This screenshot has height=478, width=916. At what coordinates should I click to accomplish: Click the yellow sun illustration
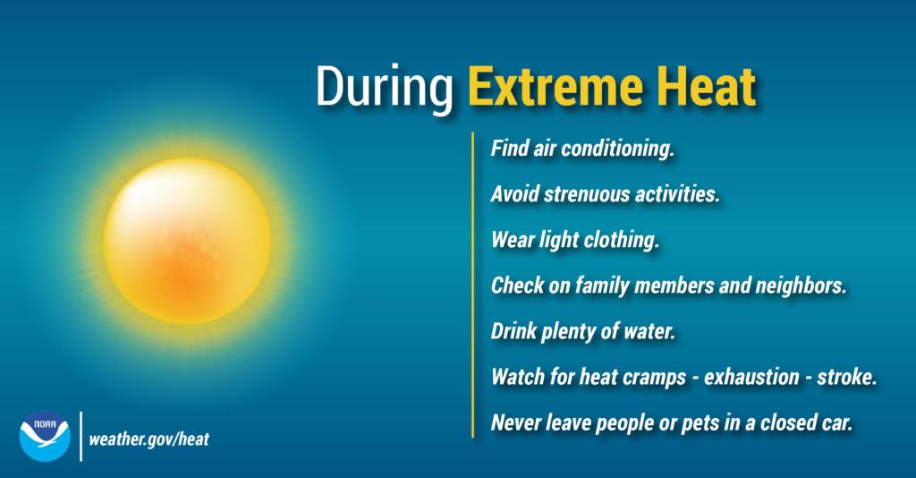click(188, 240)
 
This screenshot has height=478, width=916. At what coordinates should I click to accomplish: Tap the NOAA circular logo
click(44, 436)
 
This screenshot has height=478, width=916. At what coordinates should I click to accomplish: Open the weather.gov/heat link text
click(149, 440)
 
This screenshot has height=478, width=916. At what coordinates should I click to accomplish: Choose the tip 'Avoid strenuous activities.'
click(605, 192)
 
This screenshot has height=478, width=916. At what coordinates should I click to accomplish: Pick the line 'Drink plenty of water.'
click(582, 331)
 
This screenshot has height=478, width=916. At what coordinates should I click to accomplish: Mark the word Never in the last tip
click(513, 423)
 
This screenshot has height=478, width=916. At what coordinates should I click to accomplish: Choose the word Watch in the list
click(515, 377)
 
